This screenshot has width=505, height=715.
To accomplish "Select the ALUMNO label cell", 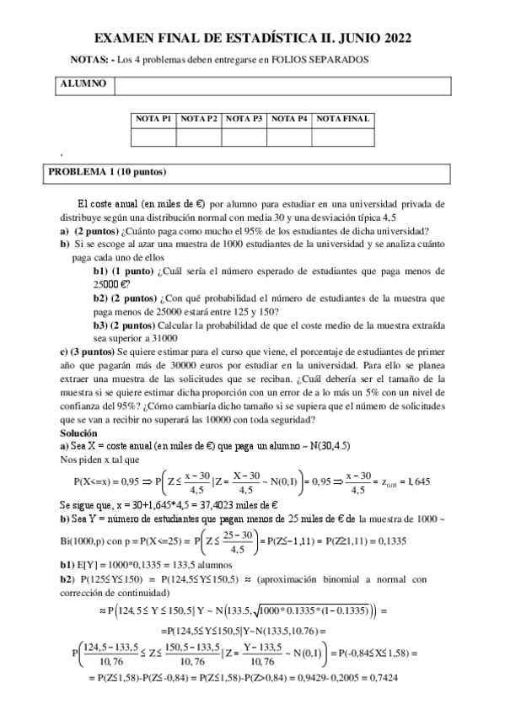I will click(x=83, y=85).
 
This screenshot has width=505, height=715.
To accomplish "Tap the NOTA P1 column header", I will click(x=154, y=119).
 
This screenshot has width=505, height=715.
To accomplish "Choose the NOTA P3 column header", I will click(x=244, y=119).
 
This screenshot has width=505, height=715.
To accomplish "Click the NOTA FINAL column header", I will click(x=342, y=119).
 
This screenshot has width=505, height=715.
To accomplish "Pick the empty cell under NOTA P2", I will click(x=199, y=136).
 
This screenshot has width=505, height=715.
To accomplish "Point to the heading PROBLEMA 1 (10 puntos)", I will click(x=107, y=173).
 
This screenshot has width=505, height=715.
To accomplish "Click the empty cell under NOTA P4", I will click(x=289, y=136).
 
